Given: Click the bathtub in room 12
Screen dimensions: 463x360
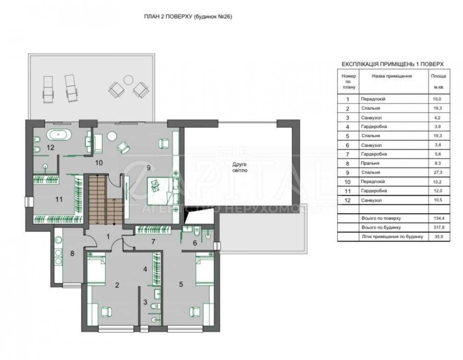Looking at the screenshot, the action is pos(59,135).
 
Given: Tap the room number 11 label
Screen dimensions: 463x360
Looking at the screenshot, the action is pos(59,200).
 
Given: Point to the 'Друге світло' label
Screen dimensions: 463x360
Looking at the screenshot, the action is pos(239,167).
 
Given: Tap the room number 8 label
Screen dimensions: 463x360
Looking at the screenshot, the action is pos(72,253).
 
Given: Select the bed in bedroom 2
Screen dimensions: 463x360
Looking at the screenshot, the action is pos(96,269).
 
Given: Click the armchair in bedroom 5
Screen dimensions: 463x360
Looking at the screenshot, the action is pos(195,311).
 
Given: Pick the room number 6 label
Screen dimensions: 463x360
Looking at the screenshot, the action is pos(194,243).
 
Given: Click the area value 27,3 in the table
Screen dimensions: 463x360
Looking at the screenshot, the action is pos(437,173).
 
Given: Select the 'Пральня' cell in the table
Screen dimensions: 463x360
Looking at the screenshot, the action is pos(370,163).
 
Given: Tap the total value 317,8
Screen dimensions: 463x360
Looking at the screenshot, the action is pos(438,227).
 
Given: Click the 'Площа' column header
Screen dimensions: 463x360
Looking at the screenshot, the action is pos(438,76).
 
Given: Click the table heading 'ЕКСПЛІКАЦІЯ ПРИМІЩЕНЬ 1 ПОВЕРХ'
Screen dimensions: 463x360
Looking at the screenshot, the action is pos(393,64).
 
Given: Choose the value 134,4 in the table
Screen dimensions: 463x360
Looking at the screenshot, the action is pos(438,218).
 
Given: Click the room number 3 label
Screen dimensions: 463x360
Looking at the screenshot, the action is pos(145,302).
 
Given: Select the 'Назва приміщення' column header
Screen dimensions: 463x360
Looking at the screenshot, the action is pos(392,76).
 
